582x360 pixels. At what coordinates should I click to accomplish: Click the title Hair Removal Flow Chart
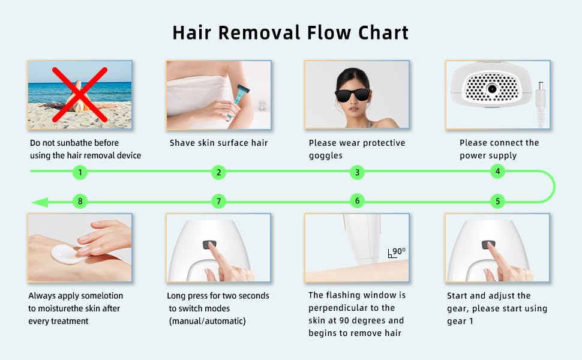(x=290, y=32)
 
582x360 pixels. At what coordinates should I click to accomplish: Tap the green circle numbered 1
(x=80, y=173)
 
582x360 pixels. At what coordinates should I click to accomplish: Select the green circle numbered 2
(x=219, y=173)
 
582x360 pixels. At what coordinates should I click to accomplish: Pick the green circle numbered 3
(x=357, y=173)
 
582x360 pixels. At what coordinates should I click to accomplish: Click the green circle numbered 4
(x=497, y=171)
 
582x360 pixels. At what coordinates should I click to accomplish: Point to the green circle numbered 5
(x=497, y=201)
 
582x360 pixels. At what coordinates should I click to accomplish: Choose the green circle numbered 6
(x=357, y=201)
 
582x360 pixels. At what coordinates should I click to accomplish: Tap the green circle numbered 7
(x=219, y=201)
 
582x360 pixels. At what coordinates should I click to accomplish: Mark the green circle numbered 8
(x=80, y=201)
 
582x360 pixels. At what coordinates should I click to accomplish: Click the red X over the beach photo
(x=80, y=94)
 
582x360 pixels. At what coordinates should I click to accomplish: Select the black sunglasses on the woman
(x=353, y=95)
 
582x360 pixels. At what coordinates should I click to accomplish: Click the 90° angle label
(x=398, y=252)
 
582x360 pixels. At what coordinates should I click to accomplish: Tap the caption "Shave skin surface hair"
(x=218, y=143)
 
